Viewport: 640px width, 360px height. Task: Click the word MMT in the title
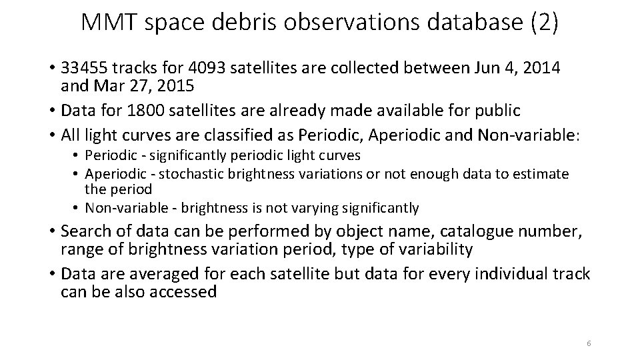coord(109,24)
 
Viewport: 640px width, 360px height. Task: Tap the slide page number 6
coord(589,343)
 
